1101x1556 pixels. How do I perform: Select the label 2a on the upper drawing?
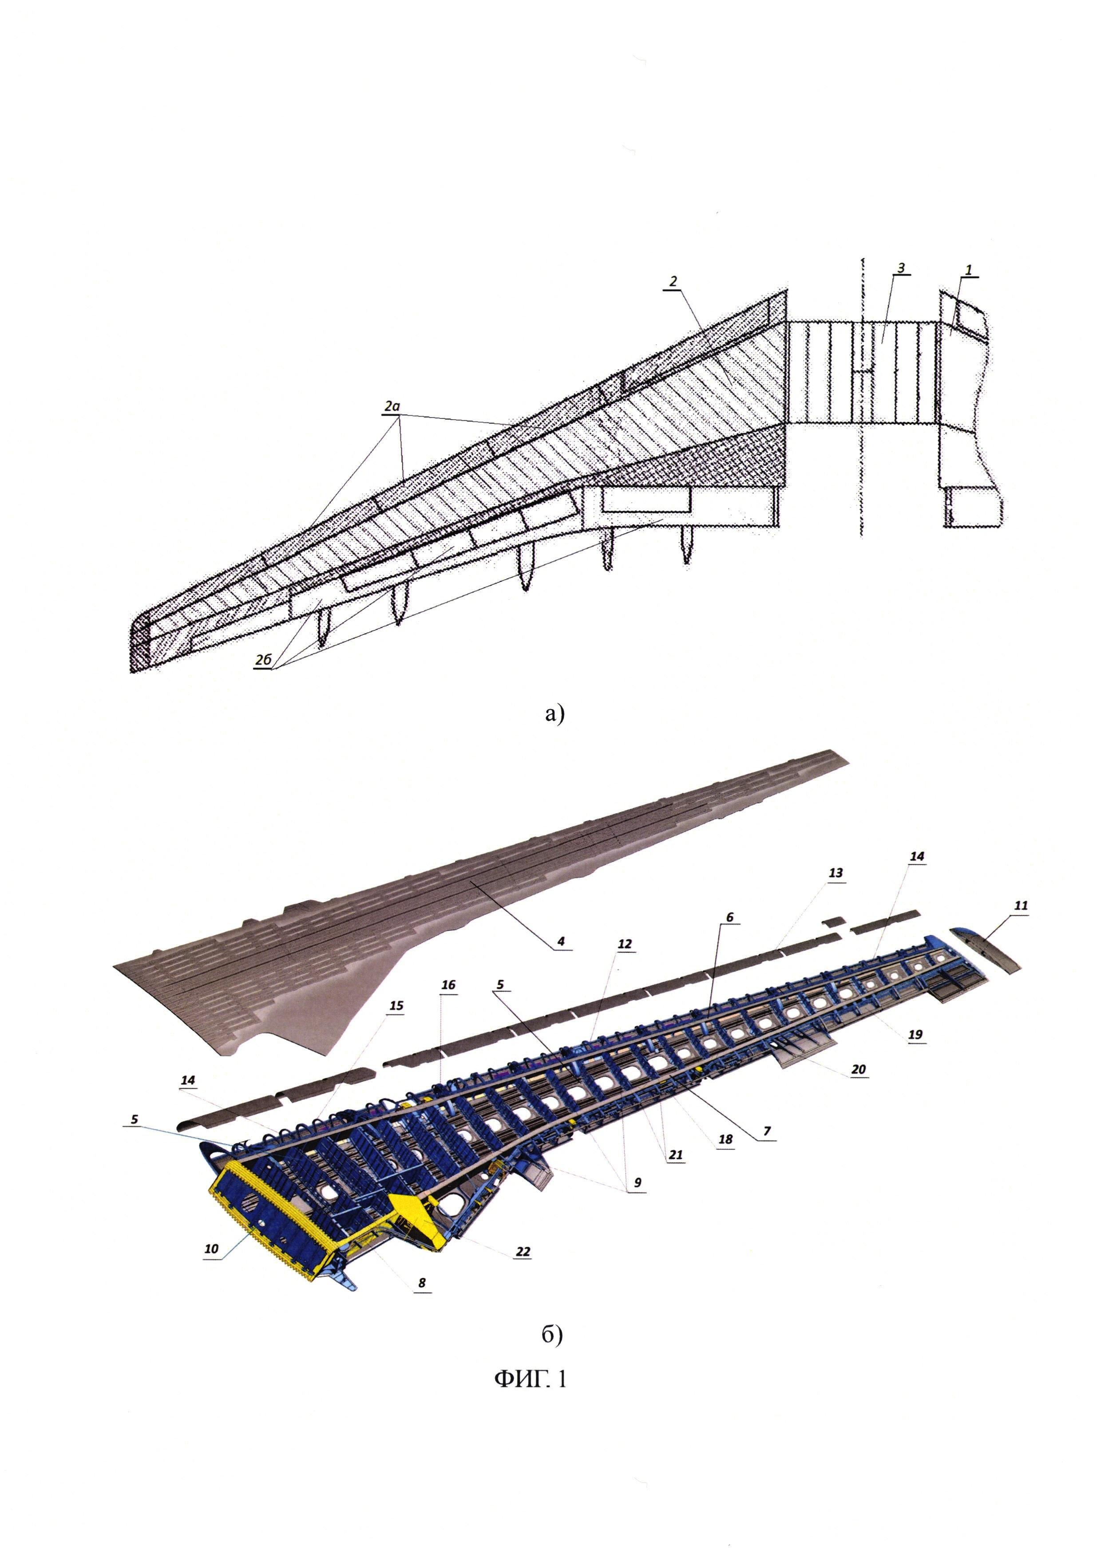click(392, 406)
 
